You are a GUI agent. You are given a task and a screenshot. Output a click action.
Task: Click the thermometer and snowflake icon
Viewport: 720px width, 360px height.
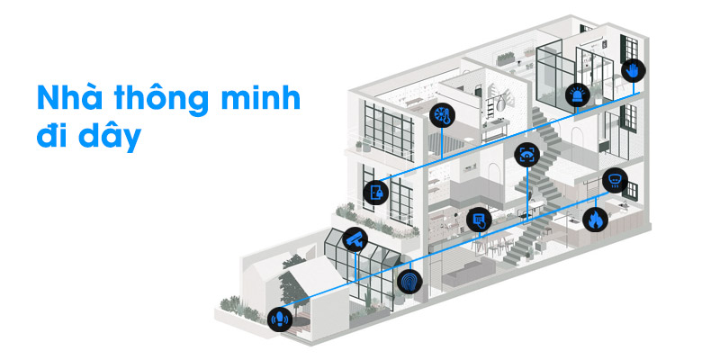(443, 115)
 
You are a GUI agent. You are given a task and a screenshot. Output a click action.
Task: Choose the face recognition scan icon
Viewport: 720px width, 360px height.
(526, 155)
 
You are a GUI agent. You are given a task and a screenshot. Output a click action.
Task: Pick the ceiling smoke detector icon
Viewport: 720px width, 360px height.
(614, 177)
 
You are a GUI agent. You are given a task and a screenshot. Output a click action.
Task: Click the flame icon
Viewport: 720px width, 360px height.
(595, 219)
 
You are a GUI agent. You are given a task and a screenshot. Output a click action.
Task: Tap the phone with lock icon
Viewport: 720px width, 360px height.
(375, 192)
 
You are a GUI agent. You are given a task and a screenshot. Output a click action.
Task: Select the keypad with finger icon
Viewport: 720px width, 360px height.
(479, 217)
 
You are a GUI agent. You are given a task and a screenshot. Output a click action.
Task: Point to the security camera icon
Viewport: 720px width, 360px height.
(355, 239)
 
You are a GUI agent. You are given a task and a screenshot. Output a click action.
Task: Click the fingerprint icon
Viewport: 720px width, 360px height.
(409, 282)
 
